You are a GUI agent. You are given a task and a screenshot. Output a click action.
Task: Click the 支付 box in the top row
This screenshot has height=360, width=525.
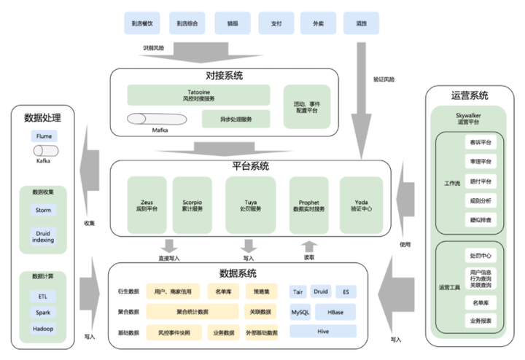point(276,23)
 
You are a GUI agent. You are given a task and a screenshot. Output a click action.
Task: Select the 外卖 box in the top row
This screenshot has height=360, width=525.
point(318,23)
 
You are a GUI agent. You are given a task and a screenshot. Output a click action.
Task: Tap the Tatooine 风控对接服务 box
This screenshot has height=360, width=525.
point(199,95)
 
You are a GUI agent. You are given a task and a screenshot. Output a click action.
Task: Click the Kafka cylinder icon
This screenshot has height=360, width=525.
point(43,150)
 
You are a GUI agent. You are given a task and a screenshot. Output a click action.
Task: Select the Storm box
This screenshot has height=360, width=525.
point(43,210)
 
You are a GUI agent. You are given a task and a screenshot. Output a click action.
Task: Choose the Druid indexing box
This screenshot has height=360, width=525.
point(43,236)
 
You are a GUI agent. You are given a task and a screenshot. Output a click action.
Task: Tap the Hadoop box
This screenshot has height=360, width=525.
point(43,329)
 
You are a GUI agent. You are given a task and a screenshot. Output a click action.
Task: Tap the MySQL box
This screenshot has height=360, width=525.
point(301,312)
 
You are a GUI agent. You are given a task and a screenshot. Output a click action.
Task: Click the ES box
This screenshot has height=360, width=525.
point(346,292)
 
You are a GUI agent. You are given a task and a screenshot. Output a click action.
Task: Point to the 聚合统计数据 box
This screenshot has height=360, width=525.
point(192,312)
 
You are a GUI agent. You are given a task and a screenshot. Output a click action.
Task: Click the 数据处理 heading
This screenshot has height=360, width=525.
point(43,117)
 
